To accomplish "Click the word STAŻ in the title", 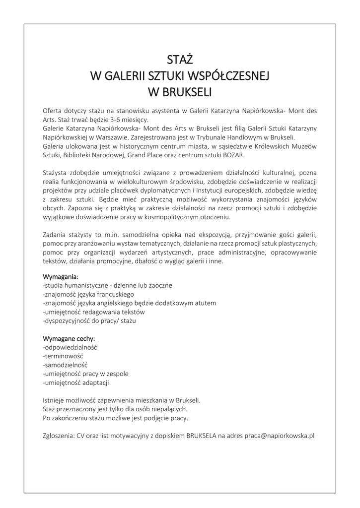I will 179,60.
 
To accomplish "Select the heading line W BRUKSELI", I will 179,92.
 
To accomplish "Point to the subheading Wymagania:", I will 61,276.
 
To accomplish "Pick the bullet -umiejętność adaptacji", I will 76,383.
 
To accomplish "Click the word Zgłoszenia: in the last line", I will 59,436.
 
